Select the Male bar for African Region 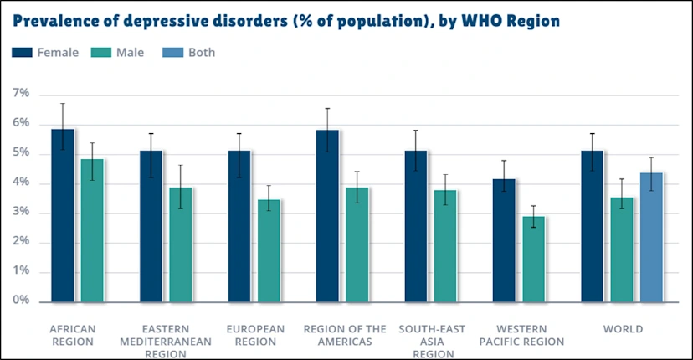click(x=92, y=229)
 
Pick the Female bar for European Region click(x=239, y=225)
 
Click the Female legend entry click(x=47, y=53)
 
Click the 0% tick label click(x=21, y=301)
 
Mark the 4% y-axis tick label click(x=21, y=183)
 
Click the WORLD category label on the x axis click(x=623, y=329)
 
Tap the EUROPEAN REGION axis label click(x=254, y=335)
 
